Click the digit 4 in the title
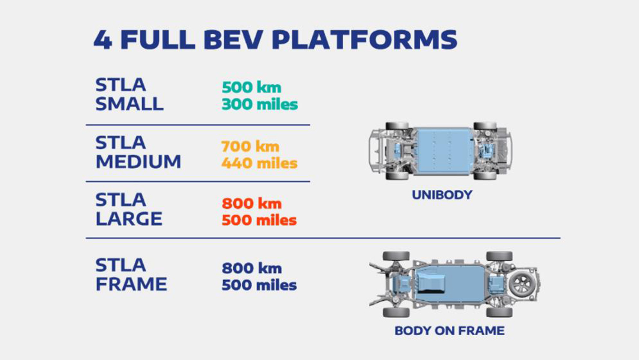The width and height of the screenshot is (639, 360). [103, 40]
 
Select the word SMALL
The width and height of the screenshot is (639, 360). [130, 104]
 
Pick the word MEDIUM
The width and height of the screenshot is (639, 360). [138, 162]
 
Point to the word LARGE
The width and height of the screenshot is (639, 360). [129, 219]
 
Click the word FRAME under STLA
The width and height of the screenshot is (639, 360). [131, 284]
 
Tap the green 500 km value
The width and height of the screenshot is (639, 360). [251, 87]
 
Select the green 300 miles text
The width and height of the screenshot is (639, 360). [260, 104]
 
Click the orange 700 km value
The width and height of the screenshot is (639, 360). [251, 146]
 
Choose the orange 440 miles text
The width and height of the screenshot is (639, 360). [259, 163]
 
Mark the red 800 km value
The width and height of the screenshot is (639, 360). [251, 204]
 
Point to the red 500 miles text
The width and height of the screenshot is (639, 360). [259, 220]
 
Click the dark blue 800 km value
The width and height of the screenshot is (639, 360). [251, 268]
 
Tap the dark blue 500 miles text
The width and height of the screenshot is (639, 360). [259, 285]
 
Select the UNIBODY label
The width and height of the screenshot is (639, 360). [442, 195]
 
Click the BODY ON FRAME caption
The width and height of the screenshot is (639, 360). [449, 330]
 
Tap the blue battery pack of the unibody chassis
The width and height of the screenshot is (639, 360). [443, 151]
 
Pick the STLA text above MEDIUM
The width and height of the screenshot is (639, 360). [121, 143]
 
